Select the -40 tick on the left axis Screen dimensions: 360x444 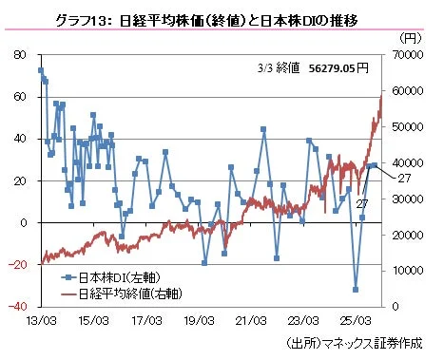click(19, 307)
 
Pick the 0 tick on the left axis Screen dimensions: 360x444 click(26, 222)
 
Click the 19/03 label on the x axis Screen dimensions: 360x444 click(198, 322)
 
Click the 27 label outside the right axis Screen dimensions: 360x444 click(403, 179)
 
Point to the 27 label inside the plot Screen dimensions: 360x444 click(362, 203)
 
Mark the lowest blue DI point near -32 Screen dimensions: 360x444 click(356, 290)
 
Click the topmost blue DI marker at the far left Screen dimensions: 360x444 click(40, 70)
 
